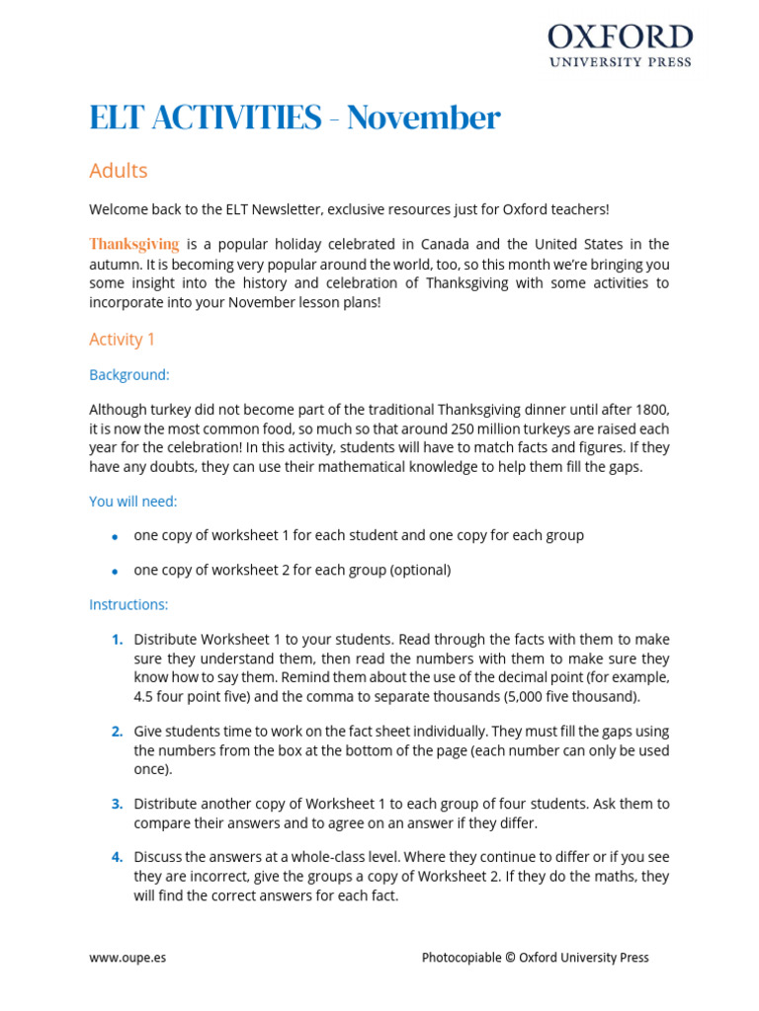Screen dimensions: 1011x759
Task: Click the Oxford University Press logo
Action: point(620,45)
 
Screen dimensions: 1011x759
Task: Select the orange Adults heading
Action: point(118,171)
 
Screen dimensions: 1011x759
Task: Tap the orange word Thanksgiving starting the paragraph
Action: point(134,244)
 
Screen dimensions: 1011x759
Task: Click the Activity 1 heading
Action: point(122,340)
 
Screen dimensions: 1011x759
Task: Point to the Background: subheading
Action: point(128,375)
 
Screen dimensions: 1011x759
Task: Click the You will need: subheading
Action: point(132,502)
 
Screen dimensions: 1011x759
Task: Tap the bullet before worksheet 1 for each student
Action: point(115,536)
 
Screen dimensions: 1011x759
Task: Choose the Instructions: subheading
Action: point(128,604)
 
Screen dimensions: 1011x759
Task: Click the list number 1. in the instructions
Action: point(117,640)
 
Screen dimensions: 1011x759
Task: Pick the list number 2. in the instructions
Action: point(117,732)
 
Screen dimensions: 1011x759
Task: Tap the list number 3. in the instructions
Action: point(117,804)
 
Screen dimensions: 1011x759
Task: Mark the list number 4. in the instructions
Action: point(117,857)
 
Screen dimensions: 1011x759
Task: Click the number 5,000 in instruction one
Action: point(523,696)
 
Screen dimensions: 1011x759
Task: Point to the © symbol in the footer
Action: point(511,958)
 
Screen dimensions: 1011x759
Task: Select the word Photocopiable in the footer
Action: point(462,958)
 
